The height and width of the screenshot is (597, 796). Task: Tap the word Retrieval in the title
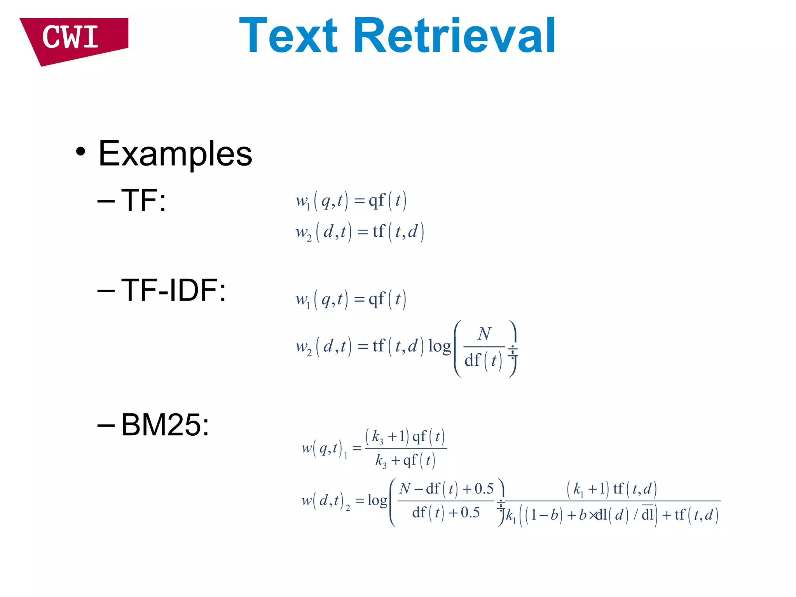click(x=455, y=36)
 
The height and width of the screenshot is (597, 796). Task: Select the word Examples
click(x=175, y=154)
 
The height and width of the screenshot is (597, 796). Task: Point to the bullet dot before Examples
click(x=80, y=152)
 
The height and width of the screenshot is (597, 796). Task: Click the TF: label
click(x=143, y=201)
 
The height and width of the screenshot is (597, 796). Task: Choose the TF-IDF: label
click(x=173, y=290)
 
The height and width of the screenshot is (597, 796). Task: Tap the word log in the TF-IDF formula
click(x=439, y=346)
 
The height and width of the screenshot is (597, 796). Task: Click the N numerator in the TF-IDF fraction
click(x=484, y=333)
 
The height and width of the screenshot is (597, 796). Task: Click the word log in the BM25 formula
click(x=377, y=500)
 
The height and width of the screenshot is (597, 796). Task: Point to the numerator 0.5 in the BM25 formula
click(x=484, y=489)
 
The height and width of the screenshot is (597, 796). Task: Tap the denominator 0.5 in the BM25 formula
click(x=470, y=513)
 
